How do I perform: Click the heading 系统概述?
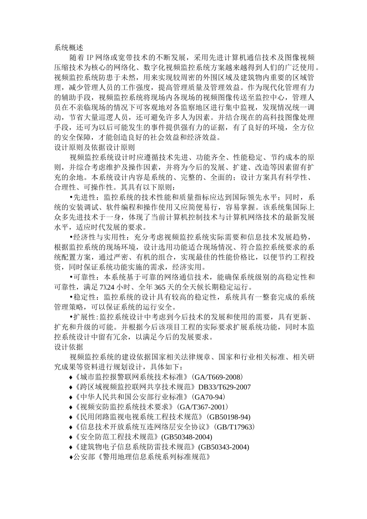[68, 48]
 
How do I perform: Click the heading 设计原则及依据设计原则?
[94, 147]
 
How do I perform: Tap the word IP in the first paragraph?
[90, 58]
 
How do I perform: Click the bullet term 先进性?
[83, 197]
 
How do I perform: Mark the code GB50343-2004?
[224, 447]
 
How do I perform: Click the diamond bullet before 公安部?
[71, 457]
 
